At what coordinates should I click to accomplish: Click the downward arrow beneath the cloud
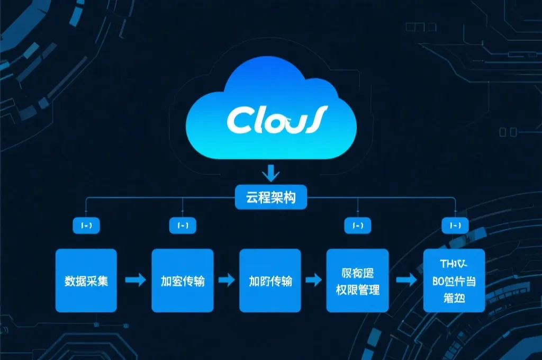271,174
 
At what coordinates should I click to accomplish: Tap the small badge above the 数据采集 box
86,226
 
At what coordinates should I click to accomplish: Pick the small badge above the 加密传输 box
183,226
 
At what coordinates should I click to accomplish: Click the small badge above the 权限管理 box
358,226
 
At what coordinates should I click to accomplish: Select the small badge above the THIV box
455,226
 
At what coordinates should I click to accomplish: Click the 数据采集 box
86,281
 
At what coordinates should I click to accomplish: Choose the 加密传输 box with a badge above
183,281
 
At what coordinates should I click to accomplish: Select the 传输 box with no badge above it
270,281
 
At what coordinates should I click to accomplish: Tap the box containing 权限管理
358,281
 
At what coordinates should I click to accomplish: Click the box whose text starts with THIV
454,281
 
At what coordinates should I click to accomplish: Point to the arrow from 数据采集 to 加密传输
135,281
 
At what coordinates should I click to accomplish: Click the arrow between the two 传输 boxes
227,281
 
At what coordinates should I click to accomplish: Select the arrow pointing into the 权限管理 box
314,281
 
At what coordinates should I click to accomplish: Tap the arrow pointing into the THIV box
406,281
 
